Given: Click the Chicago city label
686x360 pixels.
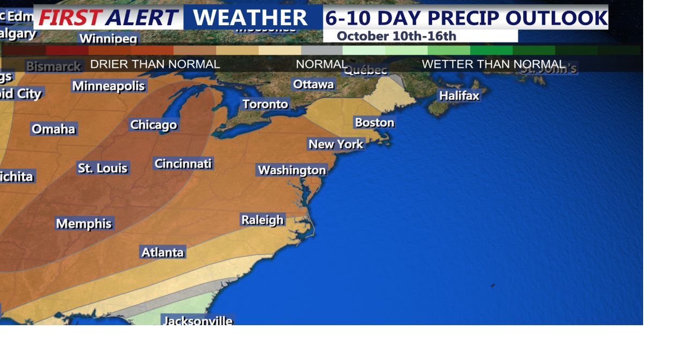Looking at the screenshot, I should point(153,125).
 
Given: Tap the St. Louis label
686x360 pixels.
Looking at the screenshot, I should point(102,168).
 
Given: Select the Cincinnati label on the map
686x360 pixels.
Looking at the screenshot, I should point(183,163).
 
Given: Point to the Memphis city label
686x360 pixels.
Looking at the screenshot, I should point(84,223).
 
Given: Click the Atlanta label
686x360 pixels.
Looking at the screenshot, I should point(162,252).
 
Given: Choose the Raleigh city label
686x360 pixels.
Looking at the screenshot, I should point(262,220).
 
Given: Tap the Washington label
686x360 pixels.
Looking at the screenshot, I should point(292,170).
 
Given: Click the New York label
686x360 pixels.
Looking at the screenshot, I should point(336,144).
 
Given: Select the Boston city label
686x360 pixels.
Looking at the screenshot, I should point(375,123).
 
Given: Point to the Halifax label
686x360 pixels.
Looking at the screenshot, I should point(459,96).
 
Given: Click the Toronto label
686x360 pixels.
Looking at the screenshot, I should point(265,104).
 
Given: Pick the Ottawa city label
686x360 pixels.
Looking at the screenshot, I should point(314,84).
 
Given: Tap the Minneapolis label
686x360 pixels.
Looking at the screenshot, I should point(109,86).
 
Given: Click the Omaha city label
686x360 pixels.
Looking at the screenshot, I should point(54,129).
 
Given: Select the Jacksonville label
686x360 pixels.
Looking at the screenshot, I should point(198,321).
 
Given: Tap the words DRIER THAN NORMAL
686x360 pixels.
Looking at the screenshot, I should point(155,64).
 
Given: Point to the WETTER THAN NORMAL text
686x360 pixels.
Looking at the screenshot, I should point(493,64).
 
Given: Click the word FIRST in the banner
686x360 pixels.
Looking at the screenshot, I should point(70,18).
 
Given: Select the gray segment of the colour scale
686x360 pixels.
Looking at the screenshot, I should point(322,50).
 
